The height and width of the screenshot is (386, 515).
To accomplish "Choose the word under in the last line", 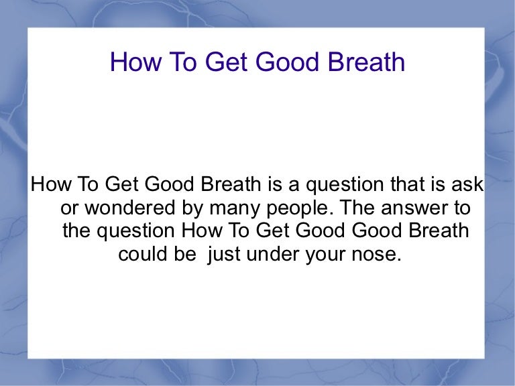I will coord(271,255).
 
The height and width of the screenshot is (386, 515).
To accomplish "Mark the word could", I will coord(143,255).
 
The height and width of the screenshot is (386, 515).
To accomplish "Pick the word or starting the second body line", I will coord(68,208).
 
